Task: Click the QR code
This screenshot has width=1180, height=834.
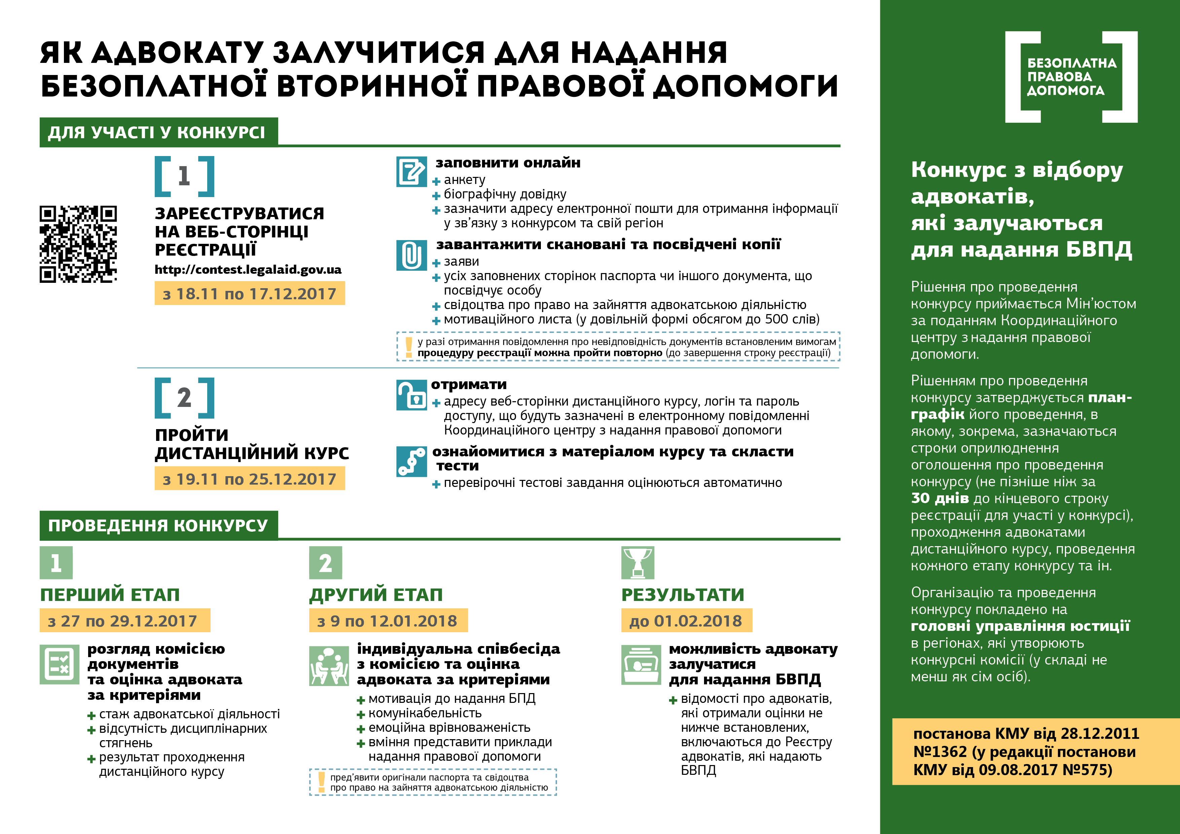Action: (x=78, y=244)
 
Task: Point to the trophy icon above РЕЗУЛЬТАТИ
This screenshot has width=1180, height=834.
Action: (x=637, y=562)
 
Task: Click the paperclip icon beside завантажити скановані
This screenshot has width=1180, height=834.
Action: (x=411, y=255)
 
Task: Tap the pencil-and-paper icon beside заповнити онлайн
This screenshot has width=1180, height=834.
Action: (x=411, y=172)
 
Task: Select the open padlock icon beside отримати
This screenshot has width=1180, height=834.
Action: (x=411, y=395)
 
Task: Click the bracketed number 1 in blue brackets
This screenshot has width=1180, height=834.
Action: (x=184, y=176)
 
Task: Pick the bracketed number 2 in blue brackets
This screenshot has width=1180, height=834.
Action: (x=184, y=398)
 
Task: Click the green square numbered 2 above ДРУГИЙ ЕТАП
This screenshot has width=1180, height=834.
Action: (x=325, y=563)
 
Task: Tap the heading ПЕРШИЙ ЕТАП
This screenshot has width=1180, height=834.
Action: (x=110, y=595)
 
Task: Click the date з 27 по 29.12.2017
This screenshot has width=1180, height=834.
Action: (x=124, y=621)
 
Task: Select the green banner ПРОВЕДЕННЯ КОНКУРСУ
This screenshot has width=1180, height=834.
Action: (x=158, y=525)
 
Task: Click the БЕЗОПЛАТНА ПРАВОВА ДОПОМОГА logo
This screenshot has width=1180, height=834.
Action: (x=1071, y=77)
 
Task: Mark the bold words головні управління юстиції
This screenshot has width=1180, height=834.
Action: (x=1020, y=626)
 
